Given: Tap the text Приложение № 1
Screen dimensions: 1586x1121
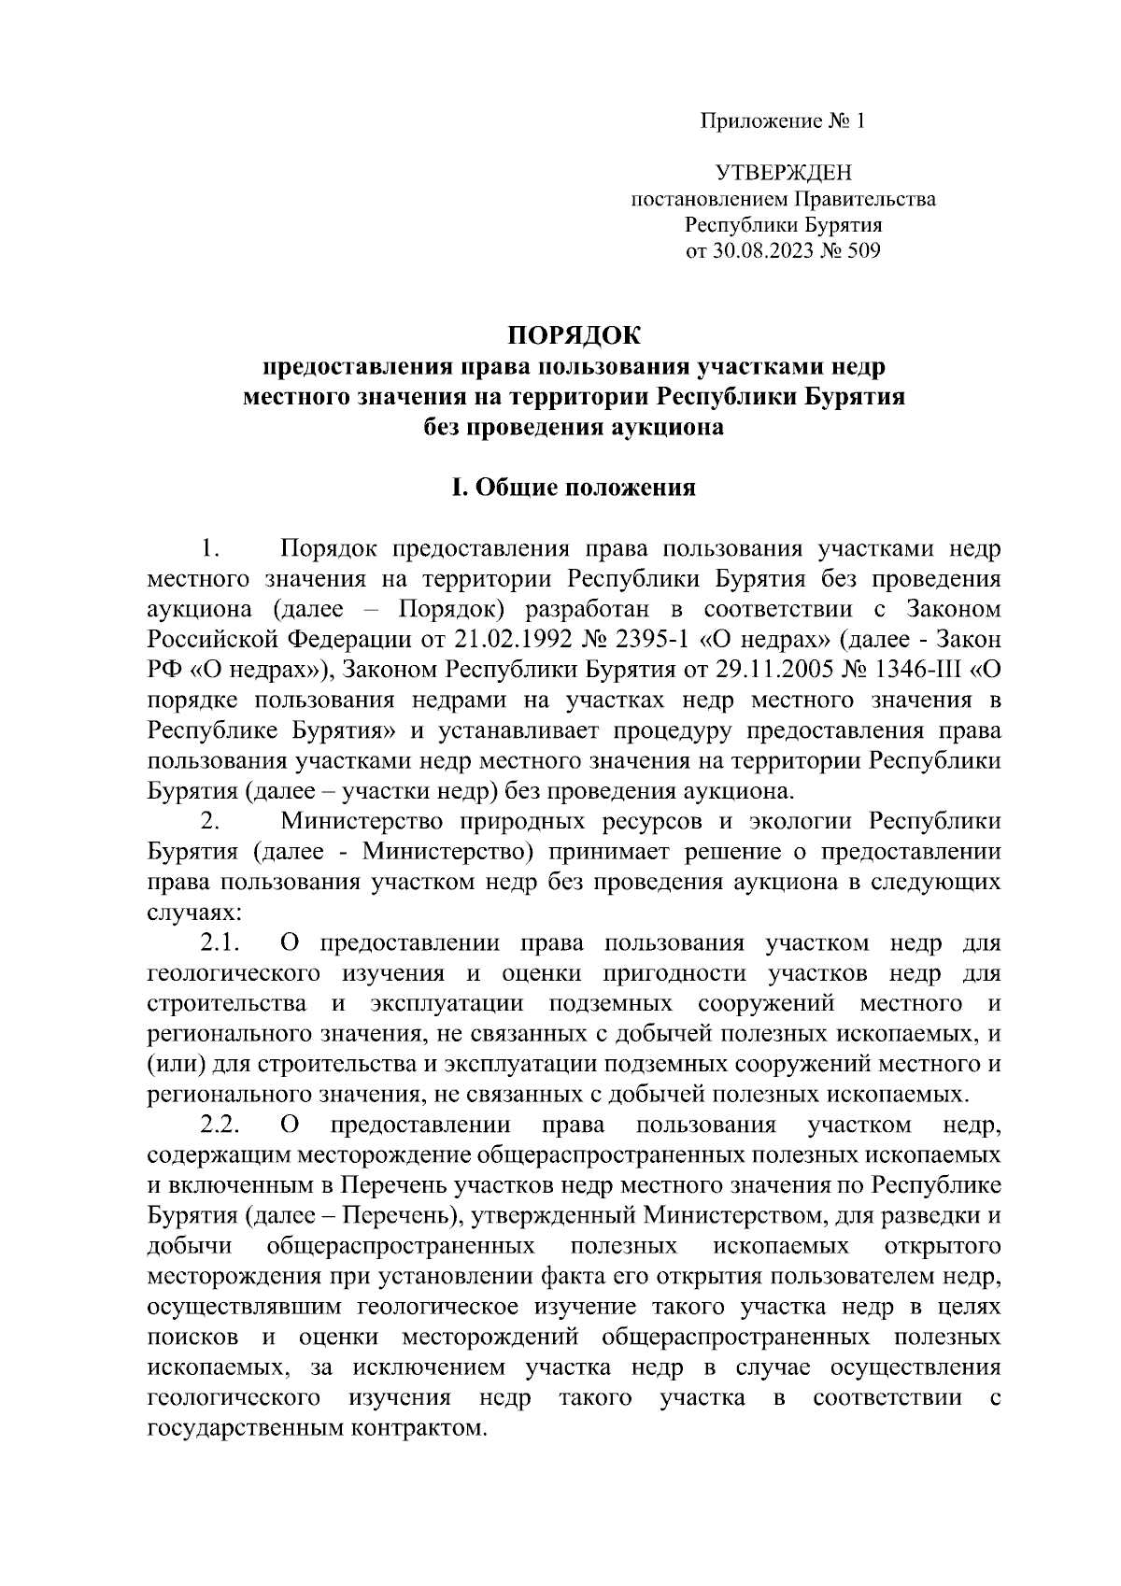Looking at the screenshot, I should pyautogui.click(x=783, y=121).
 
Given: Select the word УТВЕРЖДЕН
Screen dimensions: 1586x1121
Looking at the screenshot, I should pyautogui.click(x=783, y=173).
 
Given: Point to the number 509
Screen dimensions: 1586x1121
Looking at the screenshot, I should pyautogui.click(x=861, y=251).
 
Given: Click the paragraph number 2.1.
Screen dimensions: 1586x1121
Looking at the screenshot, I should pyautogui.click(x=221, y=943).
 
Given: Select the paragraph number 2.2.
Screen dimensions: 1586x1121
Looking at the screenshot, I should pyautogui.click(x=221, y=1126).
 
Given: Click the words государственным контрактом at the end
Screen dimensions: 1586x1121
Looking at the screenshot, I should pyautogui.click(x=318, y=1429).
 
